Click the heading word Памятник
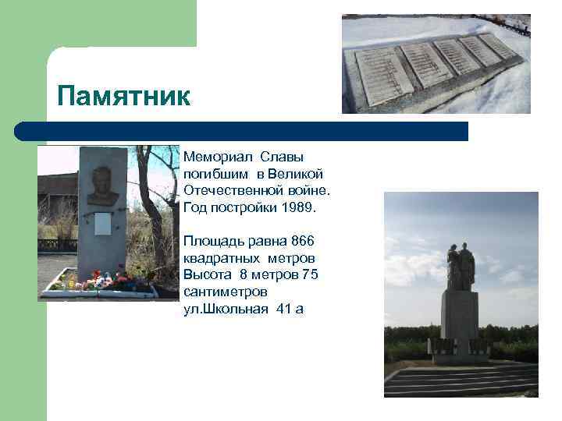[x=123, y=97]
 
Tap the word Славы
[x=283, y=157]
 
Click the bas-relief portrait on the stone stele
[x=102, y=186]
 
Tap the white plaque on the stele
[x=102, y=224]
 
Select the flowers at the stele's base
[x=101, y=281]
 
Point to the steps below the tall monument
[x=461, y=380]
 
